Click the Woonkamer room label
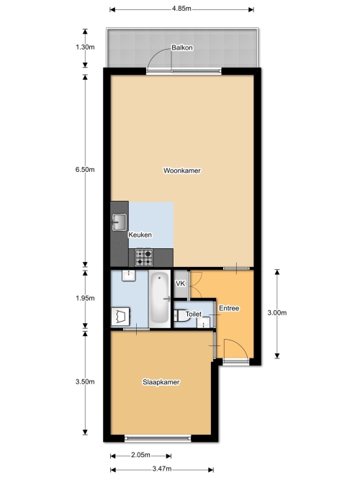(x=182, y=171)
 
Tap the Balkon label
(x=182, y=47)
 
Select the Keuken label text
(x=140, y=235)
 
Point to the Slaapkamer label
(x=161, y=382)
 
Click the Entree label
(x=229, y=308)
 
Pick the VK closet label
(x=180, y=284)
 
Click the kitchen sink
(x=119, y=222)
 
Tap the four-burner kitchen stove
(x=144, y=258)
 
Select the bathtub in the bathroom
(x=160, y=299)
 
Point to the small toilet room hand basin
(x=204, y=322)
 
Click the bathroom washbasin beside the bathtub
(x=129, y=276)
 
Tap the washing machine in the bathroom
(x=120, y=317)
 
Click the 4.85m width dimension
(x=181, y=9)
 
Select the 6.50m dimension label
(x=85, y=169)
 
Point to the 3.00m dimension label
(x=277, y=312)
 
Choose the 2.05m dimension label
(x=140, y=455)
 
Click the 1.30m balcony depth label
(x=85, y=47)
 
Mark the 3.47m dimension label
(x=162, y=468)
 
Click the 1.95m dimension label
(x=85, y=298)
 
